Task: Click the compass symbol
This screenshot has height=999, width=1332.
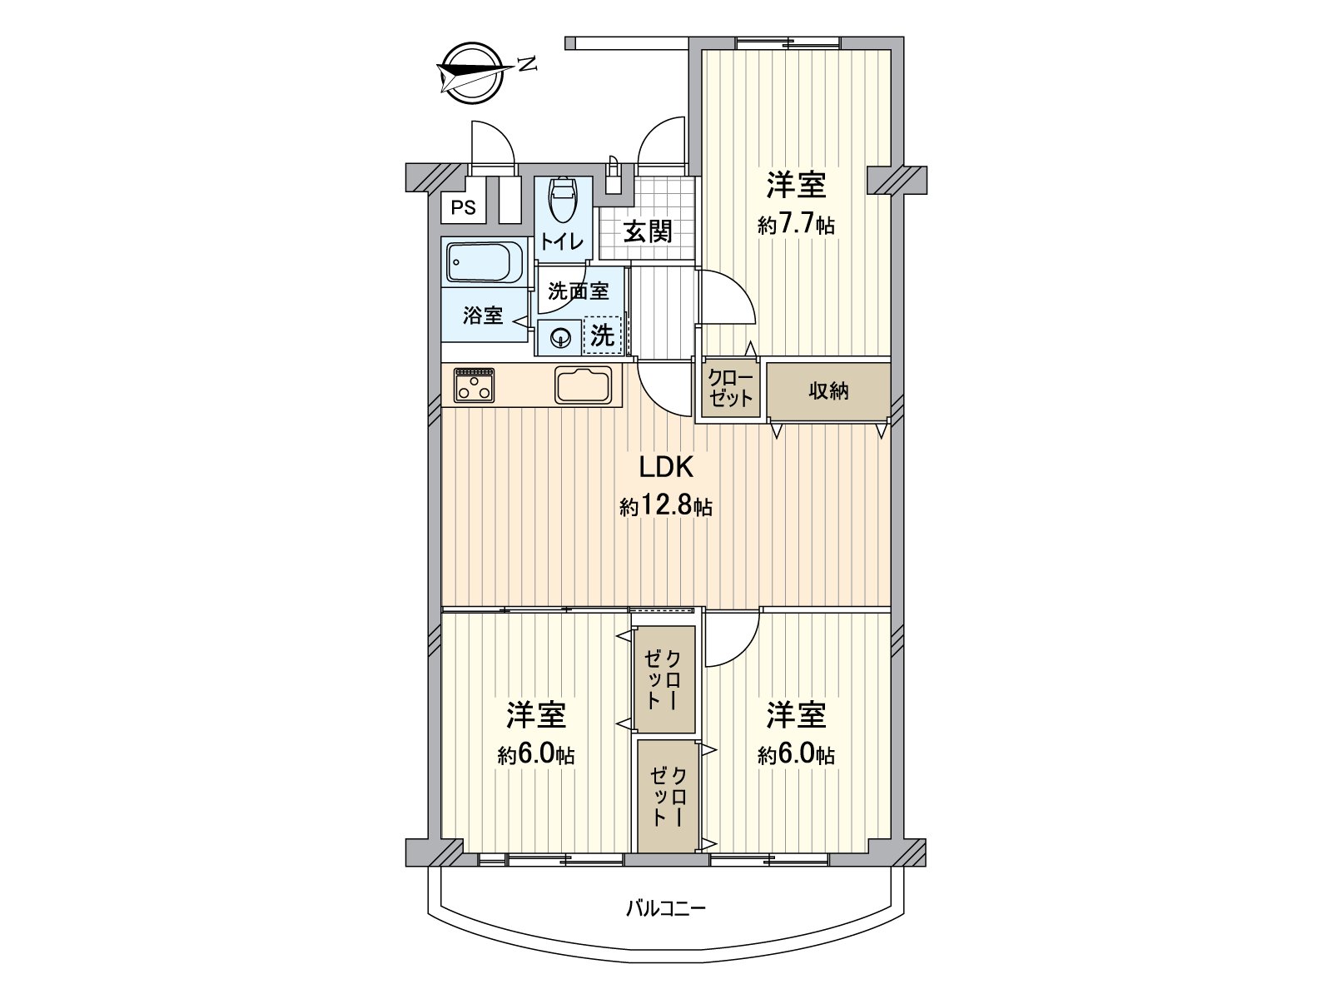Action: pyautogui.click(x=470, y=73)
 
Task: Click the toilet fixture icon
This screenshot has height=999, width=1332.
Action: pyautogui.click(x=563, y=199)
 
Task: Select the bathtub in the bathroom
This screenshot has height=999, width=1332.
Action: pyautogui.click(x=483, y=261)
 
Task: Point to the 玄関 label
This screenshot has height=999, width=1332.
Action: pyautogui.click(x=648, y=231)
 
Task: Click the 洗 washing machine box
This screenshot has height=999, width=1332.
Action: pyautogui.click(x=603, y=335)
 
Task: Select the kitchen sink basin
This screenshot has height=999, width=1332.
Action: pyautogui.click(x=584, y=385)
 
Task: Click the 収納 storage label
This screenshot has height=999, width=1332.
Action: pyautogui.click(x=828, y=390)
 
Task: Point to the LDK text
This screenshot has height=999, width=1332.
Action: pyautogui.click(x=666, y=468)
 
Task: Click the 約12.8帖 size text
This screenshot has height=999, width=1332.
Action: pyautogui.click(x=666, y=506)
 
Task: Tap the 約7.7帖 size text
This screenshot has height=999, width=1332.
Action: pyautogui.click(x=797, y=225)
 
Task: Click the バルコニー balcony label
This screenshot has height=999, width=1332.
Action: pyautogui.click(x=666, y=907)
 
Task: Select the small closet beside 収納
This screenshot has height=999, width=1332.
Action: pyautogui.click(x=730, y=388)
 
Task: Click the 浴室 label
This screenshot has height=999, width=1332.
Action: pyautogui.click(x=484, y=316)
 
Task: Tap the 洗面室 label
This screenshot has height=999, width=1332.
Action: pyautogui.click(x=579, y=291)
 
